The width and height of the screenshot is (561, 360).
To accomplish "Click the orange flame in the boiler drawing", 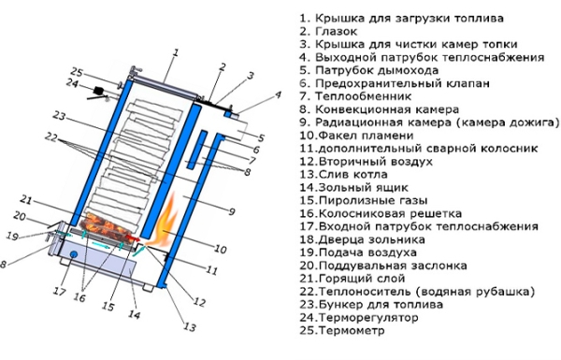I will click(167, 222).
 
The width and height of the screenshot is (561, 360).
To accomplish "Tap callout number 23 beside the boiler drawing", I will click(59, 116).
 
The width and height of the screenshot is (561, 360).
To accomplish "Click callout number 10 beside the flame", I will click(220, 250).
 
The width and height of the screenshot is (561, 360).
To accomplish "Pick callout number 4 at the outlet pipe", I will click(278, 95).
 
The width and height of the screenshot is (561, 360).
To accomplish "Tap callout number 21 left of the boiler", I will click(27, 201).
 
